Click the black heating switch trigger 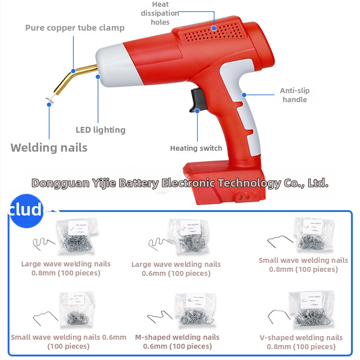196,100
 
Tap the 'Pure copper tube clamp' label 75,28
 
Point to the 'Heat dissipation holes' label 161,13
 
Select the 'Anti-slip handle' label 295,95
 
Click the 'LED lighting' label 100,130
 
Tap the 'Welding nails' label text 49,148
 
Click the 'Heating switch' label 196,148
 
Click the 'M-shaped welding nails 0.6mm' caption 177,342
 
